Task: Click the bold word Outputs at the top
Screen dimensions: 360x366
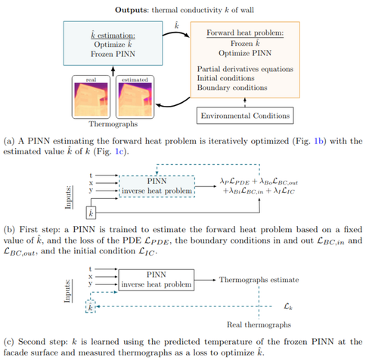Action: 133,10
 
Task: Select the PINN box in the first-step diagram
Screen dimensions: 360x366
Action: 156,185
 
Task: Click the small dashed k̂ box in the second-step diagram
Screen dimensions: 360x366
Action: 91,308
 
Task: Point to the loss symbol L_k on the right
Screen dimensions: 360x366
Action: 288,307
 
